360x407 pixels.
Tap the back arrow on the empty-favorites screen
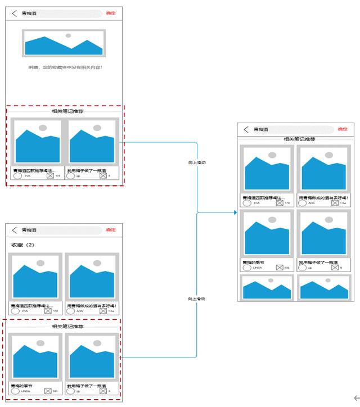pyautogui.click(x=15, y=13)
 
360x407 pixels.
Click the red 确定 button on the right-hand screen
pyautogui.click(x=111, y=12)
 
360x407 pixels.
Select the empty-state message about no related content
pyautogui.click(x=66, y=67)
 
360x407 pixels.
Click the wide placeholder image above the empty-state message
pyautogui.click(x=64, y=43)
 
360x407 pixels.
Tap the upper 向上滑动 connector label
pyautogui.click(x=197, y=162)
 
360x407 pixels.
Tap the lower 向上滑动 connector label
pyautogui.click(x=197, y=299)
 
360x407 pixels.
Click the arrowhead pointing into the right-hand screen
pyautogui.click(x=235, y=212)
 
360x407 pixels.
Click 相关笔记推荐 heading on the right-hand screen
pyautogui.click(x=299, y=139)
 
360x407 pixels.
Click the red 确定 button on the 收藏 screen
pyautogui.click(x=111, y=230)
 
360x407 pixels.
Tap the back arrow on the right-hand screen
pyautogui.click(x=246, y=129)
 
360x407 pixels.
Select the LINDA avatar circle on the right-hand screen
pyautogui.click(x=246, y=268)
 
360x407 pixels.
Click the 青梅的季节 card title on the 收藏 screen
pyautogui.click(x=22, y=386)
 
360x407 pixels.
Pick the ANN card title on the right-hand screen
pyautogui.click(x=323, y=197)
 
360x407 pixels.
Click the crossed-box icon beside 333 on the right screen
pyautogui.click(x=280, y=268)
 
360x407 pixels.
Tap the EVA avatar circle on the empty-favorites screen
pyautogui.click(x=17, y=176)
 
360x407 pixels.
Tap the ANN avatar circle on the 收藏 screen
pyautogui.click(x=71, y=311)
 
